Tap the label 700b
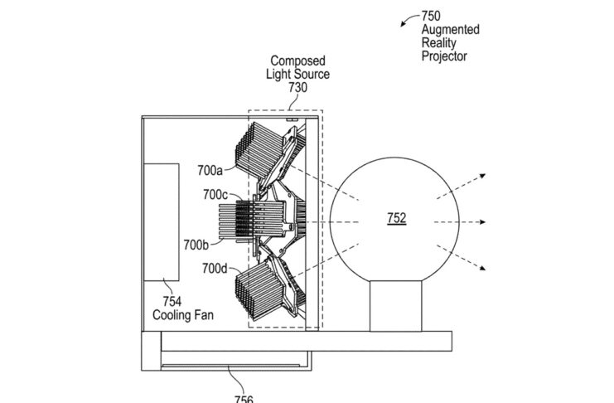(198, 245)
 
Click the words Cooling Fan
(176, 314)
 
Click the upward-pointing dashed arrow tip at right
(485, 176)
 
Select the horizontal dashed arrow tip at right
(486, 222)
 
